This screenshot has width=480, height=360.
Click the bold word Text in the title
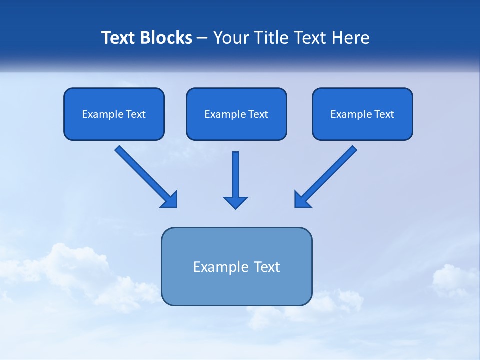click(x=118, y=38)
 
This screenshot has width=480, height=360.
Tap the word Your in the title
click(x=230, y=38)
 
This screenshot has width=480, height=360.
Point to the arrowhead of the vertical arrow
click(x=235, y=202)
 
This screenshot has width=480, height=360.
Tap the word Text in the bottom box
click(x=267, y=267)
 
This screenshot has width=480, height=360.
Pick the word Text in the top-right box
click(x=384, y=114)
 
